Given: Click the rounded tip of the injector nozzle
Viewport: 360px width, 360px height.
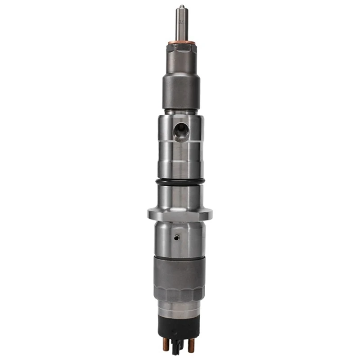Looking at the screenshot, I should (x=181, y=7).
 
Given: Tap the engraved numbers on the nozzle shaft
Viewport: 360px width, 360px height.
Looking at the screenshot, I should (x=181, y=21).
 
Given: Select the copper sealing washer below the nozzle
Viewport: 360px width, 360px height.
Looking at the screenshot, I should (x=181, y=43).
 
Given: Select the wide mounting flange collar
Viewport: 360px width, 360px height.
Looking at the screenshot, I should (x=180, y=214).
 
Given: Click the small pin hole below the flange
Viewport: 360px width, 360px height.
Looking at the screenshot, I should (x=177, y=237).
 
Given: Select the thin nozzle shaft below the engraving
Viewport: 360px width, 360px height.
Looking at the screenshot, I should (x=181, y=34).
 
